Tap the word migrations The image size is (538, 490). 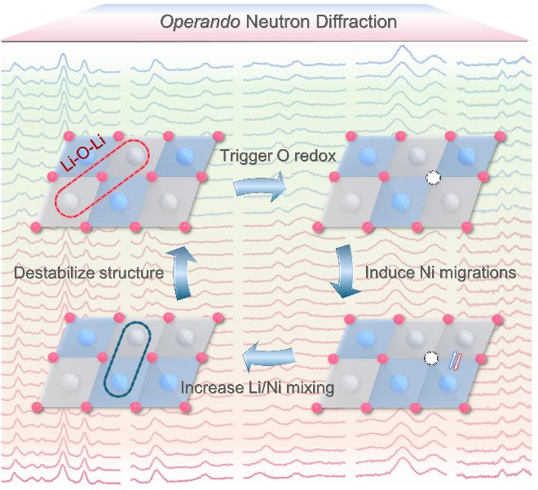477,271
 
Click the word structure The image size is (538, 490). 134,271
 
